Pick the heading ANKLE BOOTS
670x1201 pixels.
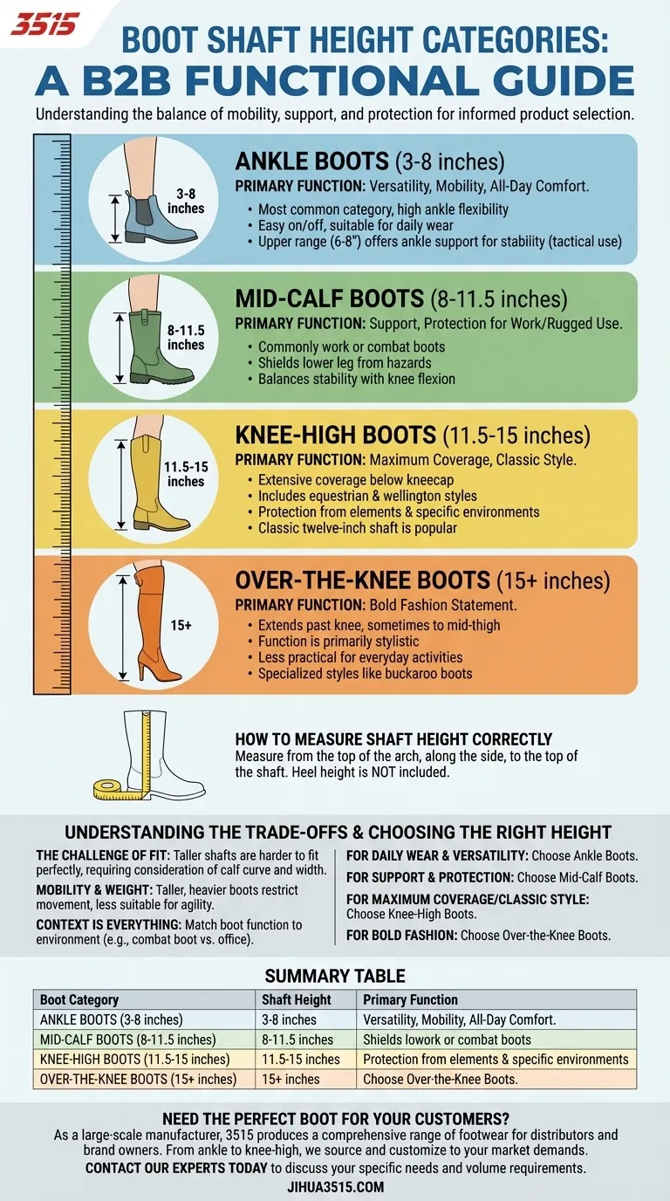[311, 161]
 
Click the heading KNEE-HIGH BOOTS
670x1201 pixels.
[336, 436]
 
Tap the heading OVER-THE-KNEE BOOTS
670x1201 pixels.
[362, 580]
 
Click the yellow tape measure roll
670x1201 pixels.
[113, 789]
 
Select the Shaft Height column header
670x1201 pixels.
[297, 999]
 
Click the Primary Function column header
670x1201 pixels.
[410, 999]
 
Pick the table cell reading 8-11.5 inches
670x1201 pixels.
[297, 1040]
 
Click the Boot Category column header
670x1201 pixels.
[79, 999]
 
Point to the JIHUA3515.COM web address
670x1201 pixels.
[335, 1186]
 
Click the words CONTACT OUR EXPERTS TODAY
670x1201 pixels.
[175, 1168]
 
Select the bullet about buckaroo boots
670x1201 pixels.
[365, 673]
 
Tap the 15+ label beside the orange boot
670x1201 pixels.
[181, 625]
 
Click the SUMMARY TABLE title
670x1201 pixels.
[335, 976]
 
